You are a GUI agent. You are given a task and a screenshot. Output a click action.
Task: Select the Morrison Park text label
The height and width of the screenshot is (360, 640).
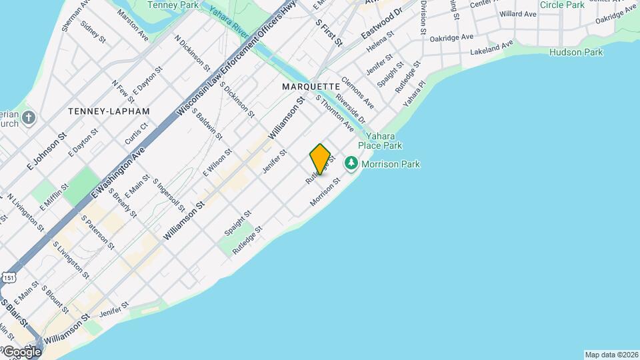(390, 164)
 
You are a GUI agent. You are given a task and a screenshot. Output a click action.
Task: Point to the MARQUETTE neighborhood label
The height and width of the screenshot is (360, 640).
(311, 87)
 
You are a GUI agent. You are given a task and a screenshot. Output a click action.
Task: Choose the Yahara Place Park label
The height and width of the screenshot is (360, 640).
(380, 140)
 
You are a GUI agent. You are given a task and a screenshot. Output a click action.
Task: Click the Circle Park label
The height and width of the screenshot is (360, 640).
(562, 5)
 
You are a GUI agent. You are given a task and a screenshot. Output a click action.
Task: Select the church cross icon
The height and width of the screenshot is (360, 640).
(28, 119)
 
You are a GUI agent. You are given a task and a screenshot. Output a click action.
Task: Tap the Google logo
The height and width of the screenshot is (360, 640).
(21, 351)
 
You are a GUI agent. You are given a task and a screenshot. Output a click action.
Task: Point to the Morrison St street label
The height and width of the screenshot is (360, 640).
(325, 191)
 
